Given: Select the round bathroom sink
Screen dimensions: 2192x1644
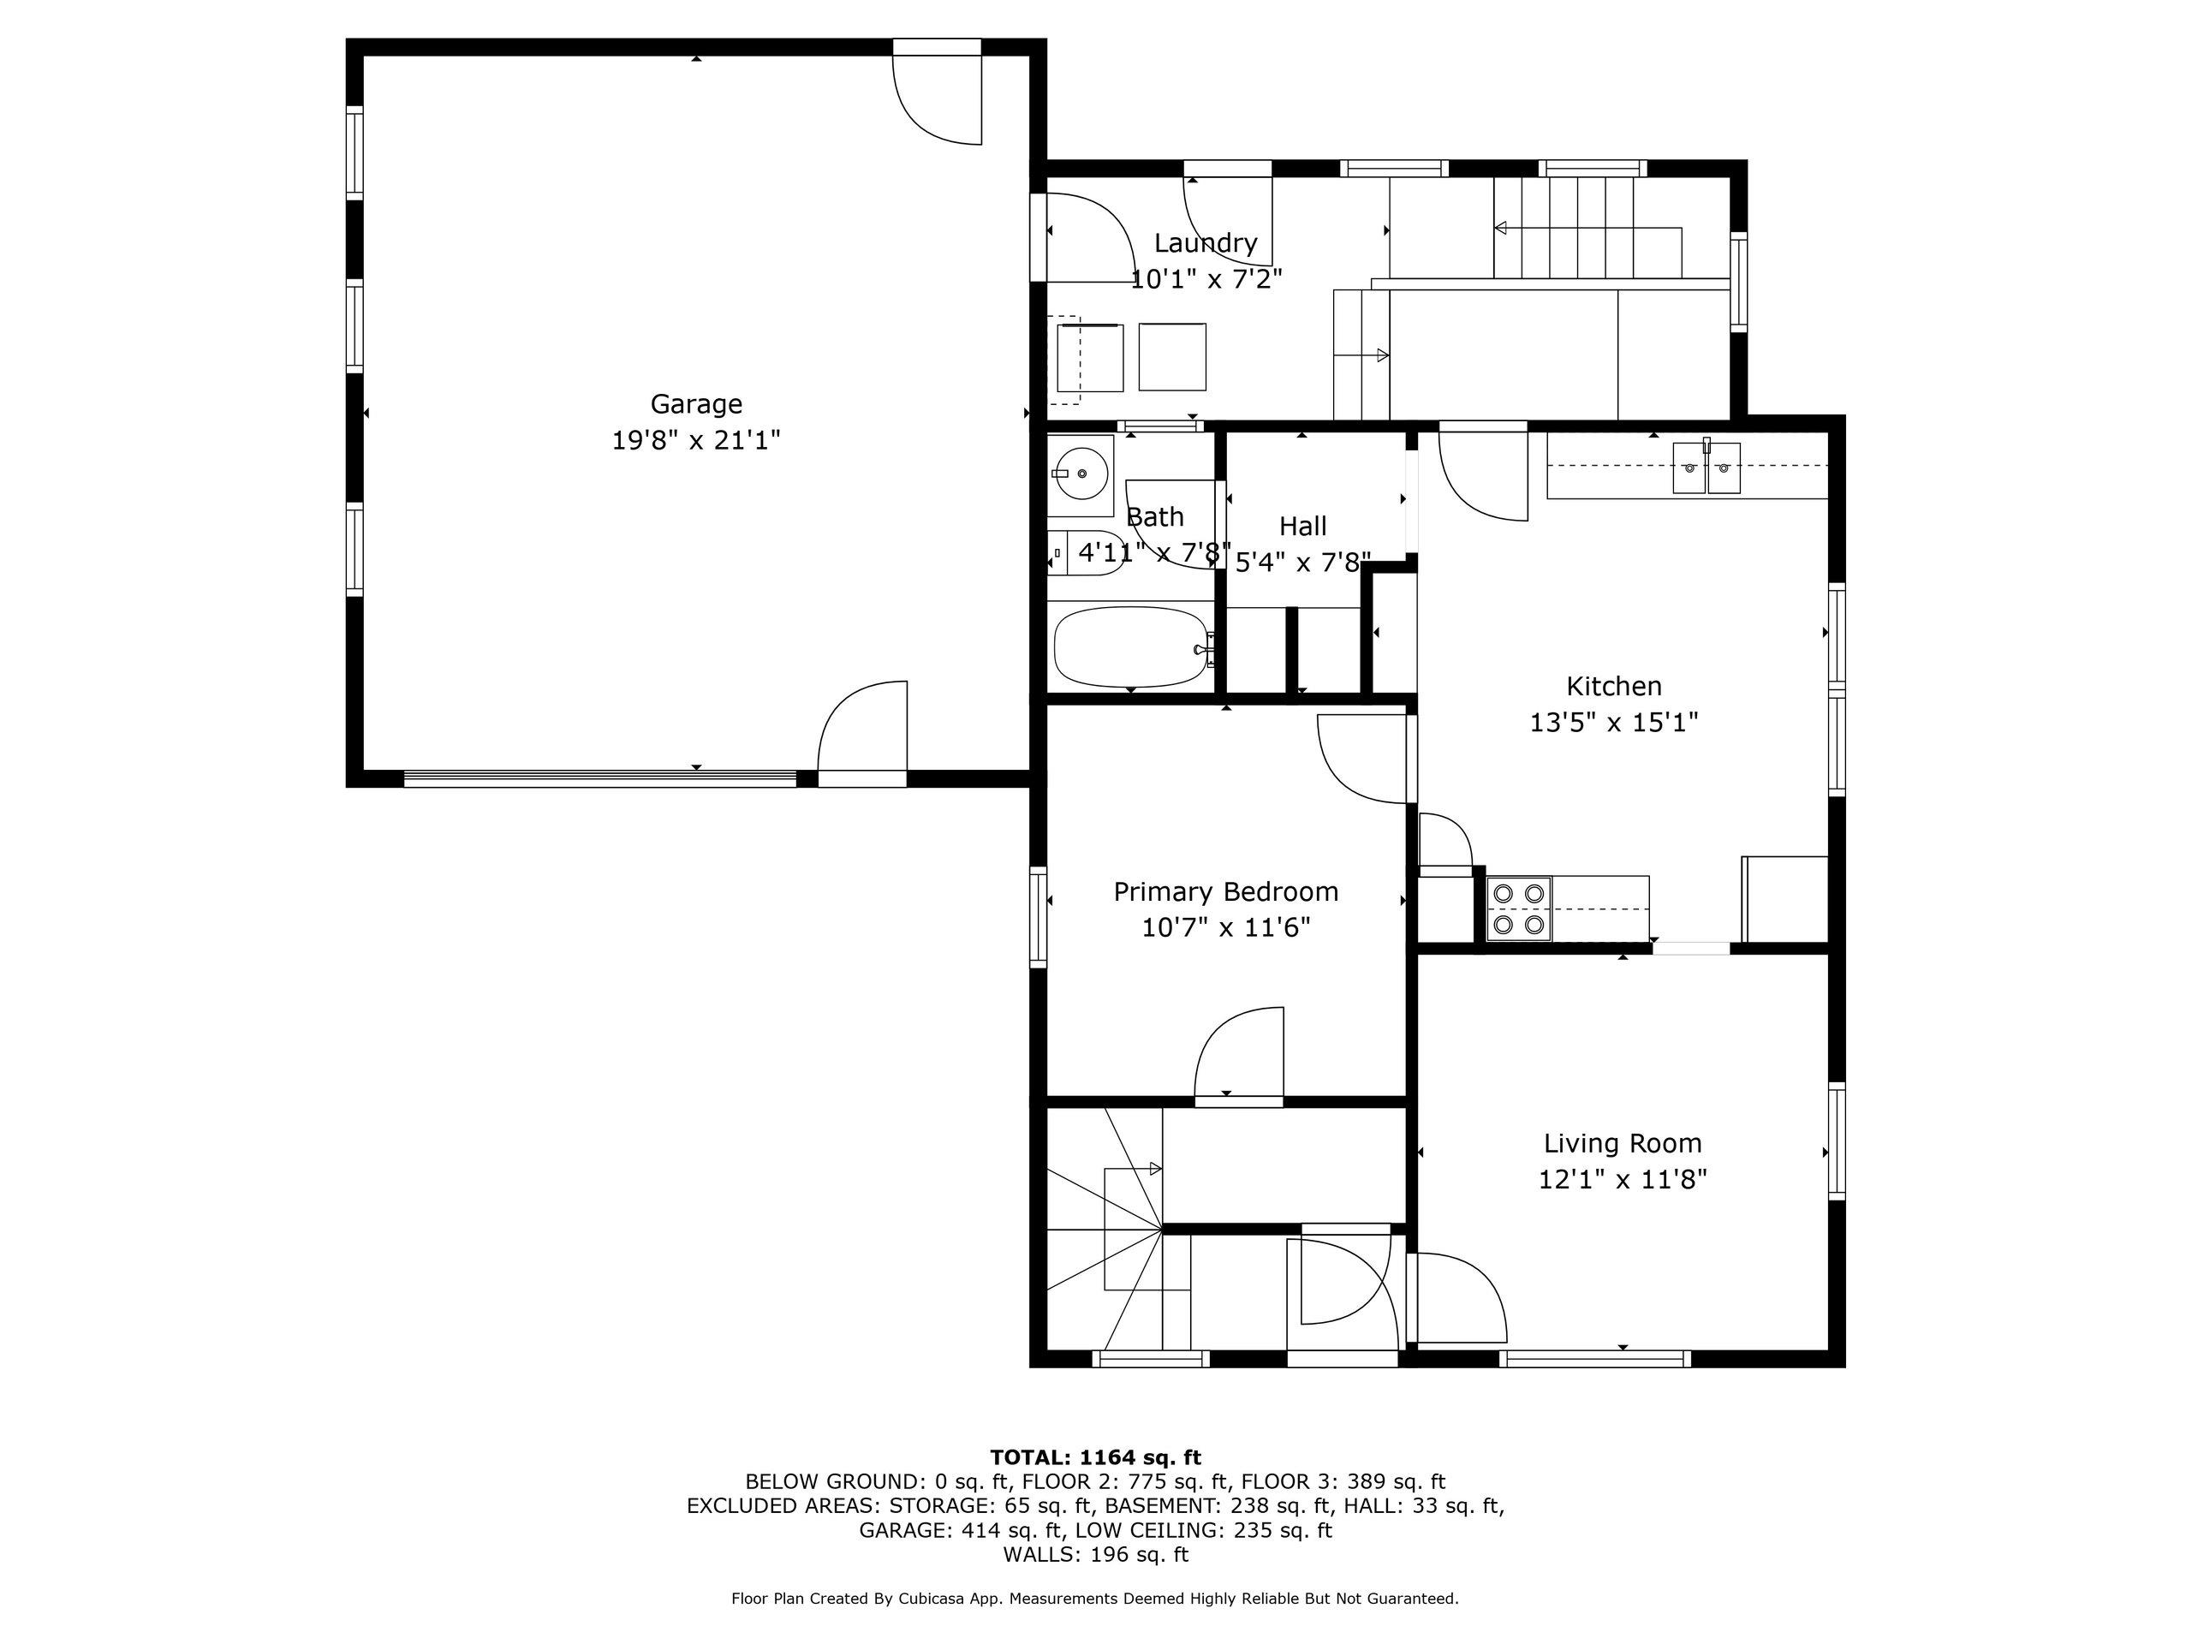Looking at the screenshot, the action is [x=1080, y=474].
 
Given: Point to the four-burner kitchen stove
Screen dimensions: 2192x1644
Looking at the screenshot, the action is [x=1519, y=908].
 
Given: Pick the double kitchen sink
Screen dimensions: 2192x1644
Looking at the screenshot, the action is [x=1707, y=468].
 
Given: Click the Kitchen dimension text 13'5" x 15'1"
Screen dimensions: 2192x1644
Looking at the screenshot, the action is [x=1614, y=723].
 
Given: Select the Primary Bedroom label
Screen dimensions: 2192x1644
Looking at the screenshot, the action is [x=1226, y=892].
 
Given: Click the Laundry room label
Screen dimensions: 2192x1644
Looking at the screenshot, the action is [x=1206, y=243].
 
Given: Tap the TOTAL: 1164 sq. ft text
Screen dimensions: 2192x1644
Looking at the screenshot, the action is [x=1095, y=1457].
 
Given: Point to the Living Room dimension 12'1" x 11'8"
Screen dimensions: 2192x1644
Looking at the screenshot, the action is [x=1623, y=1179].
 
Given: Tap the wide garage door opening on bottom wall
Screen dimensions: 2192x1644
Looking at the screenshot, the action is [x=599, y=779].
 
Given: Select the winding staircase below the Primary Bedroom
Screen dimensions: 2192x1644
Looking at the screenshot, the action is [x=1105, y=1229].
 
